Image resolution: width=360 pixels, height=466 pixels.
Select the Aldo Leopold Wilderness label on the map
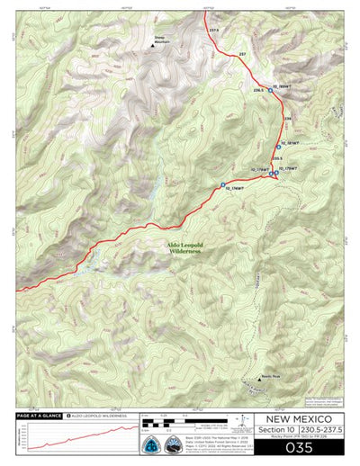pyautogui.click(x=184, y=251)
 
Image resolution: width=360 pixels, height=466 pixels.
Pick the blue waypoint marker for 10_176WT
pyautogui.click(x=222, y=186)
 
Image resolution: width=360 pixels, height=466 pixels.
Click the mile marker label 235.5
pyautogui.click(x=277, y=158)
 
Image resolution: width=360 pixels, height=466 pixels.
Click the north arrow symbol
pyautogui.click(x=244, y=420)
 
